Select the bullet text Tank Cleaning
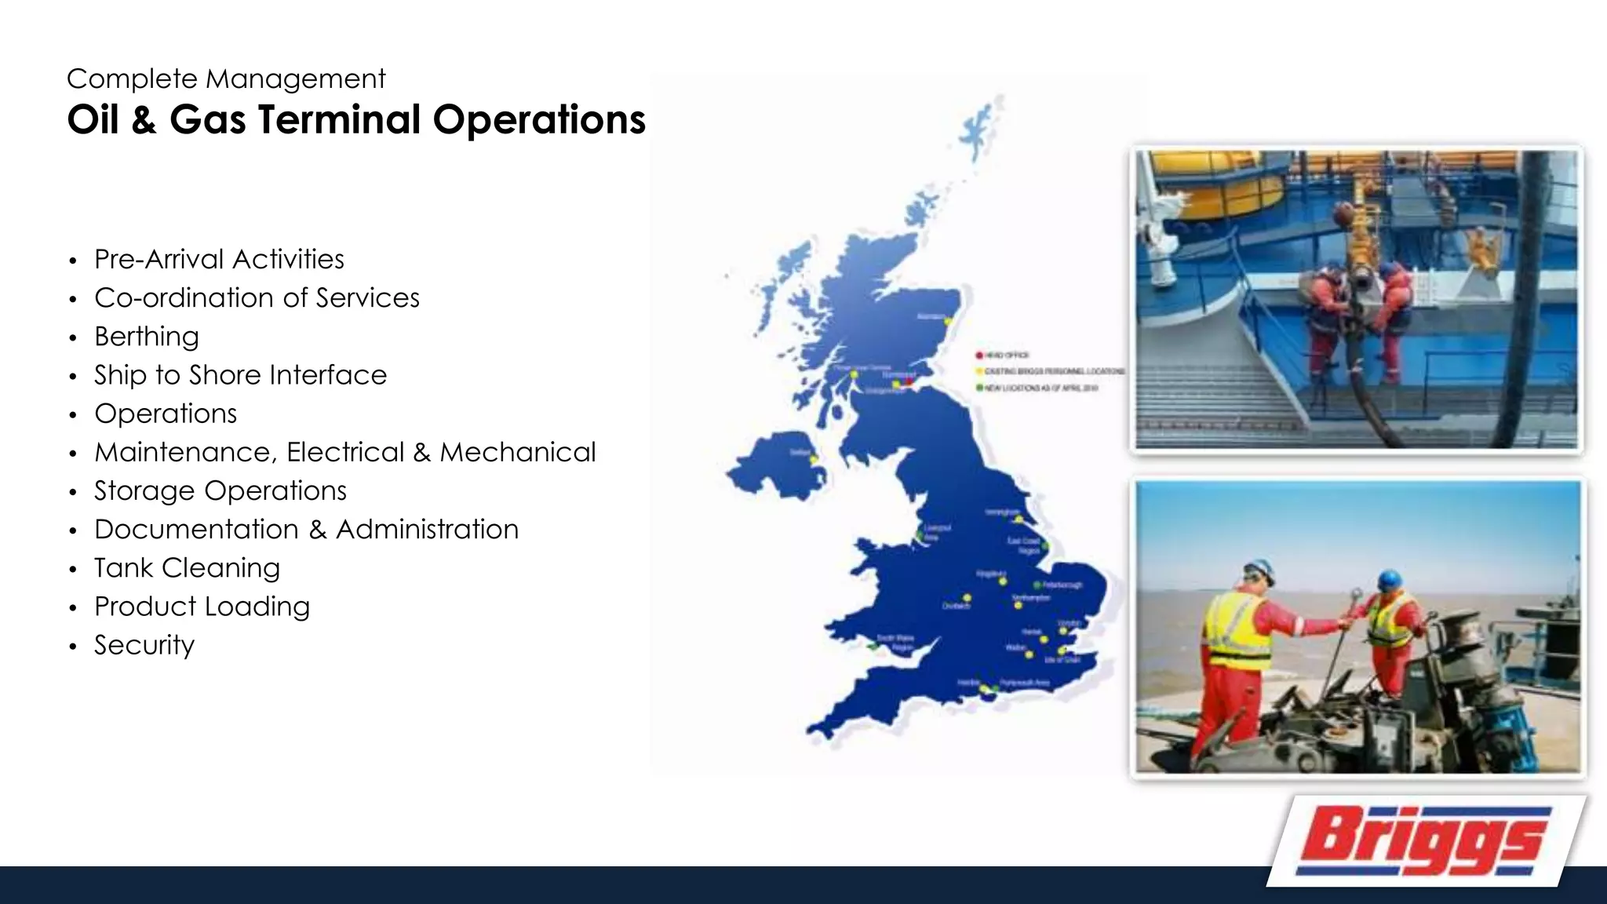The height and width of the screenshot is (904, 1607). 187,567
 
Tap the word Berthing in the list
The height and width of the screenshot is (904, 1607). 147,337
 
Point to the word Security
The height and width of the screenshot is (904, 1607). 144,645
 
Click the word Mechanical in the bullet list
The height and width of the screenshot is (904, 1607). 518,452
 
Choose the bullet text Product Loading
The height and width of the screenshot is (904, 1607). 202,607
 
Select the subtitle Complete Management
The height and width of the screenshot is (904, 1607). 226,78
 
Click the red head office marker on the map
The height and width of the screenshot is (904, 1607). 910,381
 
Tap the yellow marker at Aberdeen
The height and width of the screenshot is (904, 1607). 948,322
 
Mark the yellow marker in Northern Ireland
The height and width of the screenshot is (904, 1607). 814,459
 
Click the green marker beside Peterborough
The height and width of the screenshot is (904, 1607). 1037,585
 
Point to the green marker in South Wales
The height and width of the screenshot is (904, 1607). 873,647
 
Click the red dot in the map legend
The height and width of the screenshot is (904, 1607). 979,355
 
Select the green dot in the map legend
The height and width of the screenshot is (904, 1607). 979,388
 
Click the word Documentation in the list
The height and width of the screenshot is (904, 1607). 196,530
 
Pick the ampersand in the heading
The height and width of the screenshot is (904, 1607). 144,120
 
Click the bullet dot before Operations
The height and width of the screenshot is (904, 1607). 73,415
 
